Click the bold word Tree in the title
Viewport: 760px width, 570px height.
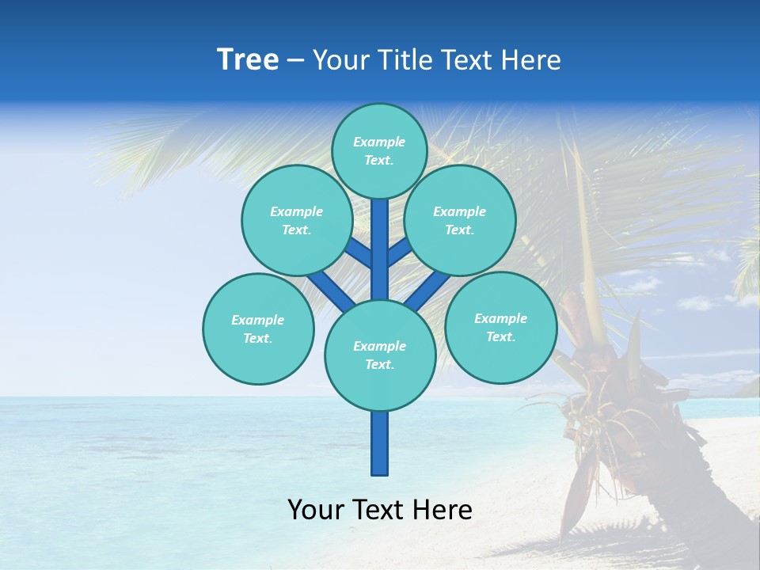pyautogui.click(x=248, y=60)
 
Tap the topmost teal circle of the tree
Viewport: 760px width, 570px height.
pyautogui.click(x=379, y=150)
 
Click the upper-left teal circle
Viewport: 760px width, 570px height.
pyautogui.click(x=297, y=220)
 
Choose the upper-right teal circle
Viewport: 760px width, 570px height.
pyautogui.click(x=460, y=220)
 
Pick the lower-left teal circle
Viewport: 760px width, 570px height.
pyautogui.click(x=258, y=329)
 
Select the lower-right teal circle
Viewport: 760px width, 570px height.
pyautogui.click(x=501, y=327)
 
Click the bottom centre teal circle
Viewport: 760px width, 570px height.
pyautogui.click(x=380, y=355)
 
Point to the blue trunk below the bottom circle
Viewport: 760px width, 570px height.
pyautogui.click(x=380, y=443)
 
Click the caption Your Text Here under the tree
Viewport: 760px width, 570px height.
pyautogui.click(x=380, y=510)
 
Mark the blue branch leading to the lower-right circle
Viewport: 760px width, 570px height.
pyautogui.click(x=427, y=291)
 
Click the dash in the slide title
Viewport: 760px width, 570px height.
pyautogui.click(x=295, y=61)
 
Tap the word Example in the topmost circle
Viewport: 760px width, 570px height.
pyautogui.click(x=379, y=142)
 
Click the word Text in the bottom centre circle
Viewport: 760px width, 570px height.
pyautogui.click(x=379, y=365)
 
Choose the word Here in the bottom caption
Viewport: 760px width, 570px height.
pyautogui.click(x=444, y=510)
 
